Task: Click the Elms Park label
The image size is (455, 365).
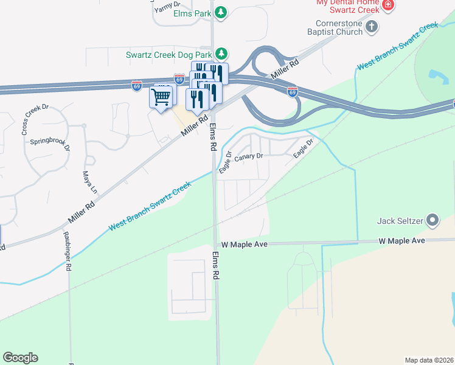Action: pyautogui.click(x=191, y=12)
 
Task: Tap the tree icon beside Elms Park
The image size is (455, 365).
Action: pyautogui.click(x=222, y=12)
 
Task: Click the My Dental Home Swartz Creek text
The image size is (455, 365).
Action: pyautogui.click(x=347, y=5)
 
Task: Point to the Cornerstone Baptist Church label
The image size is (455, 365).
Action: pyautogui.click(x=334, y=27)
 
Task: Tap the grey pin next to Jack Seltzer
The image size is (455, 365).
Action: pyautogui.click(x=432, y=220)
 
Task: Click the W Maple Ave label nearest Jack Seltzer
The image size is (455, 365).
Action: pyautogui.click(x=401, y=241)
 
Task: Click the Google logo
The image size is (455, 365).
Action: pyautogui.click(x=20, y=358)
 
